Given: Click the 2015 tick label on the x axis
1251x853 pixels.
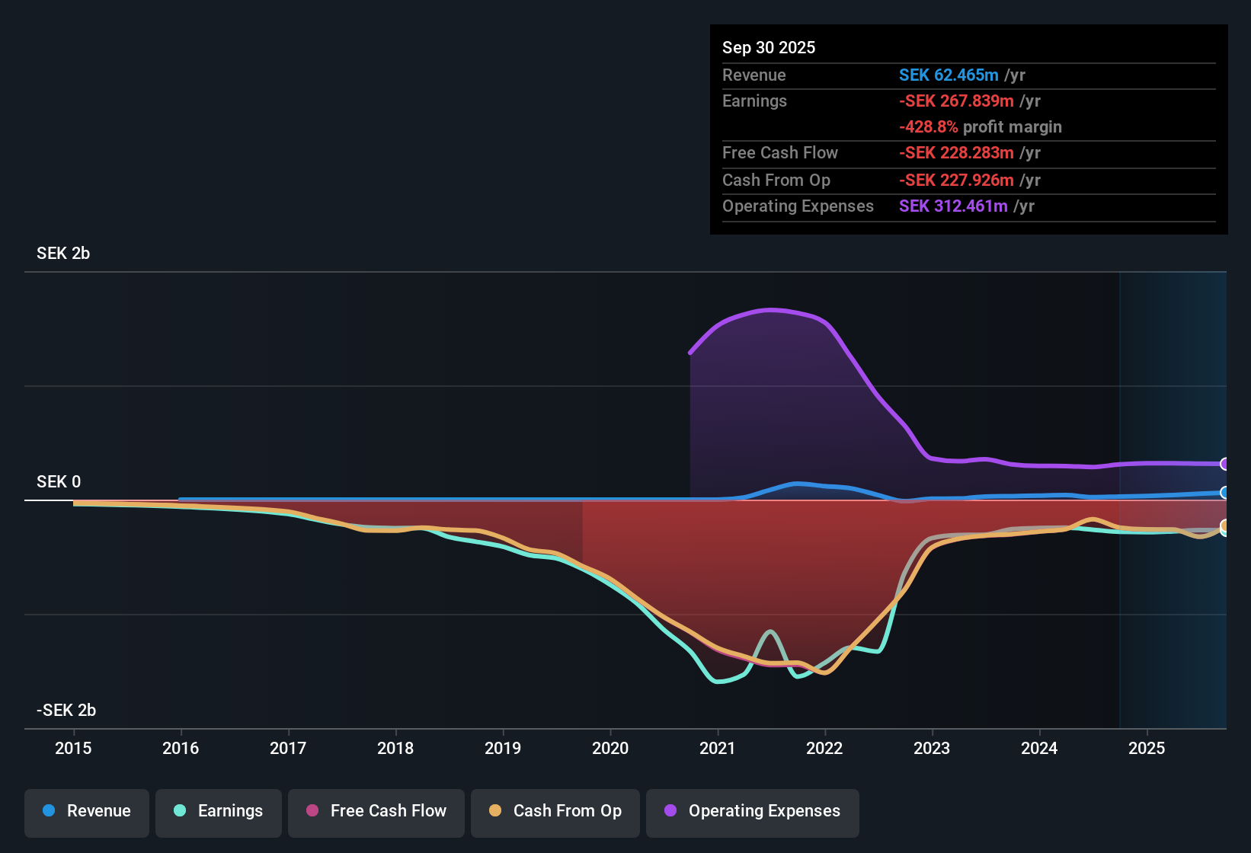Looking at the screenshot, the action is [x=73, y=748].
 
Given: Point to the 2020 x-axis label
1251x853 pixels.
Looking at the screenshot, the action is [x=610, y=748].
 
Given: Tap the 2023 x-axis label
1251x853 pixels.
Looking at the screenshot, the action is [x=932, y=748].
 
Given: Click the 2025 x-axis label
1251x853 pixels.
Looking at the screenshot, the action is [x=1147, y=748].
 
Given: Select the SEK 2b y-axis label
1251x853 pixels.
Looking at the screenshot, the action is [x=63, y=254].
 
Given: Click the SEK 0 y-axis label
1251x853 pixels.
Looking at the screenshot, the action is [x=59, y=482].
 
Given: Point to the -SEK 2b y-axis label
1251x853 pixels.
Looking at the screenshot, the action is [x=66, y=710].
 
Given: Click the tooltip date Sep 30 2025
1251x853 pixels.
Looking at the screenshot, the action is [x=769, y=47].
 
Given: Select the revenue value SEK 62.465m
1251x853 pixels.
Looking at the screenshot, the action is [x=949, y=75].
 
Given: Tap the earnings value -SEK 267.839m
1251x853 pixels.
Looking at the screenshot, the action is [x=957, y=101].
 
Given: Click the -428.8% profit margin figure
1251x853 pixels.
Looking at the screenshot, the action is [x=928, y=126].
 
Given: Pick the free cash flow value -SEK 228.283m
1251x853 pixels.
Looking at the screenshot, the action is [x=957, y=153].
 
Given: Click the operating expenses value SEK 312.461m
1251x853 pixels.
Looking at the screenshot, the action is [x=953, y=206].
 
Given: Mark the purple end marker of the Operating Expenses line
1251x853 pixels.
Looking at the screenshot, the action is [x=1224, y=464].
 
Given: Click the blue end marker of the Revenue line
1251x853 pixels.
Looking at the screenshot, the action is [x=1224, y=492].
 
